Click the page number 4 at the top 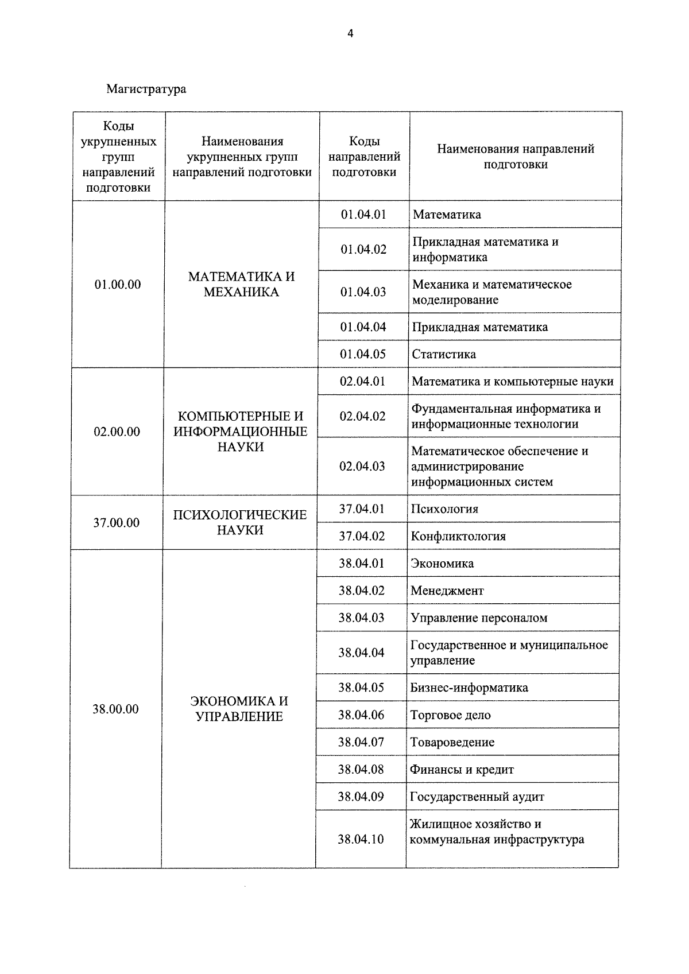tap(350, 33)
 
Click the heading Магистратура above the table tap(146, 89)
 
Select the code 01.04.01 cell tap(363, 215)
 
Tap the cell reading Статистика tap(444, 354)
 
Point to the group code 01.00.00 tap(118, 285)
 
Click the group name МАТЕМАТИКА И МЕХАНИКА tap(241, 285)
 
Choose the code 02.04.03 tap(362, 466)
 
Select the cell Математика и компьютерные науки tap(512, 382)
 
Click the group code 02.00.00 tap(117, 432)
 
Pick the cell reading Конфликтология tap(458, 537)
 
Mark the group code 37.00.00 tap(116, 523)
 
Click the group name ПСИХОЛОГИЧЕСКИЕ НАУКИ tap(240, 523)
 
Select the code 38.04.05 tap(361, 688)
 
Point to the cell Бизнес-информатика tap(469, 688)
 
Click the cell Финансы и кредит tap(462, 770)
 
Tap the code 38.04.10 tap(361, 839)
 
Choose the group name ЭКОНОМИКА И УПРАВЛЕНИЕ tap(239, 709)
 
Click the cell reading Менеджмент tap(447, 591)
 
